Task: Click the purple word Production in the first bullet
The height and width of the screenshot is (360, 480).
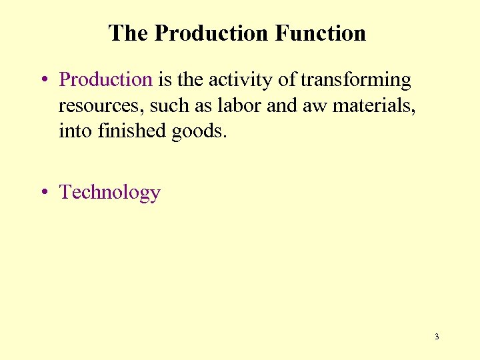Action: click(106, 79)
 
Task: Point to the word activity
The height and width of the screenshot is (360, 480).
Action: click(241, 79)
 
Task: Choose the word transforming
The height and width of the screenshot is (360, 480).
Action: click(355, 79)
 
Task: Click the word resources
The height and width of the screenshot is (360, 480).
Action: click(100, 105)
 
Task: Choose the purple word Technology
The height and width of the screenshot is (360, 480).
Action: click(110, 192)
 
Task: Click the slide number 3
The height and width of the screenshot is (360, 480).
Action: click(437, 337)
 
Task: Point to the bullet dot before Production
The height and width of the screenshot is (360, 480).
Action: click(42, 80)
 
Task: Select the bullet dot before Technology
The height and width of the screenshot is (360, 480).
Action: click(42, 193)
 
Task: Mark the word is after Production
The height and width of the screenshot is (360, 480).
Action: click(165, 79)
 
